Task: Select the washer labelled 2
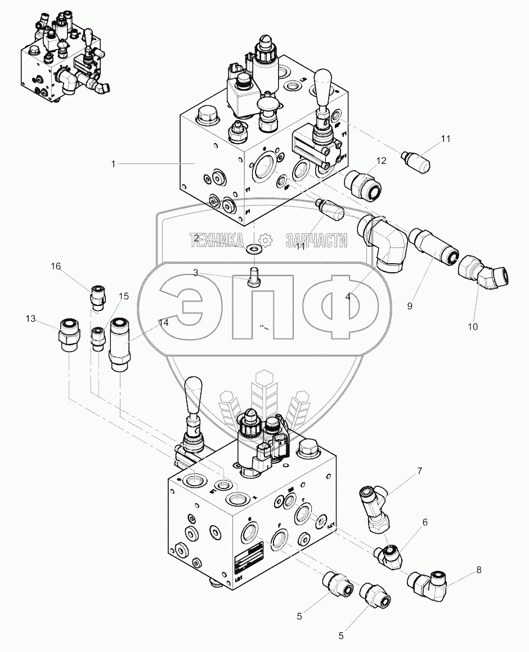point(254,248)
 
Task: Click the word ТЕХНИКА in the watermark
point(217,241)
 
